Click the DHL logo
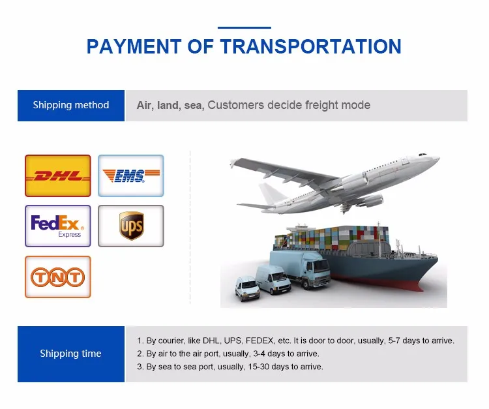(58, 175)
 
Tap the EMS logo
(131, 175)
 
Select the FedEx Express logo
(58, 226)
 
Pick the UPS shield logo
(132, 226)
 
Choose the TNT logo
(58, 277)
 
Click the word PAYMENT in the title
(134, 46)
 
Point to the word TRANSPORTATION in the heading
(311, 46)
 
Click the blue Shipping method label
(71, 106)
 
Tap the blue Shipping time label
(71, 354)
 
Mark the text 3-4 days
(269, 354)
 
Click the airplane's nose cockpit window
(422, 155)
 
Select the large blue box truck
(299, 269)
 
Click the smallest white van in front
(247, 288)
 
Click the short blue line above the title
(244, 28)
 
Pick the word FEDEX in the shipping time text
(259, 341)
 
